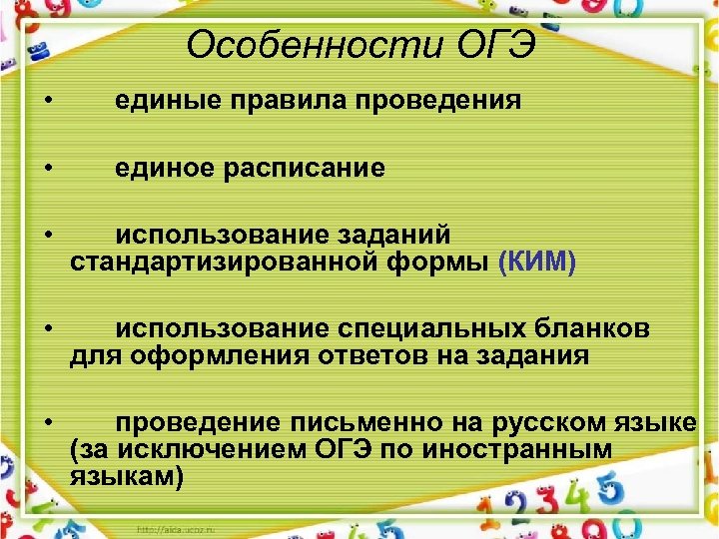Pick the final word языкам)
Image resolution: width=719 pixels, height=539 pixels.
[127, 476]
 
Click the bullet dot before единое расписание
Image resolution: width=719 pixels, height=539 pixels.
[47, 169]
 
